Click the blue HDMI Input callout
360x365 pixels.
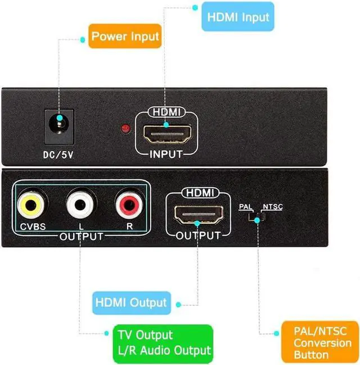(x=238, y=16)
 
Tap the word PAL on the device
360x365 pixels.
(x=246, y=207)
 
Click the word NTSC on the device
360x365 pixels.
(x=273, y=207)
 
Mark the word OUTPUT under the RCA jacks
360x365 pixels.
(x=82, y=236)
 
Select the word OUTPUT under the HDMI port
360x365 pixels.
(x=198, y=236)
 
